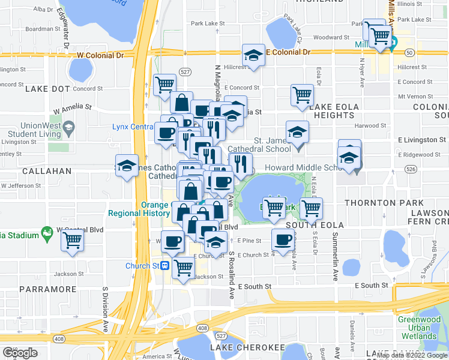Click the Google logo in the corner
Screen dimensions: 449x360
click(x=20, y=353)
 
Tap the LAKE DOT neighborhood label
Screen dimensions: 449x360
click(x=48, y=89)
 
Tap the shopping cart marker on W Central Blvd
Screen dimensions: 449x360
click(x=73, y=240)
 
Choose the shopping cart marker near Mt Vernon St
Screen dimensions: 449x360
click(x=302, y=94)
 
